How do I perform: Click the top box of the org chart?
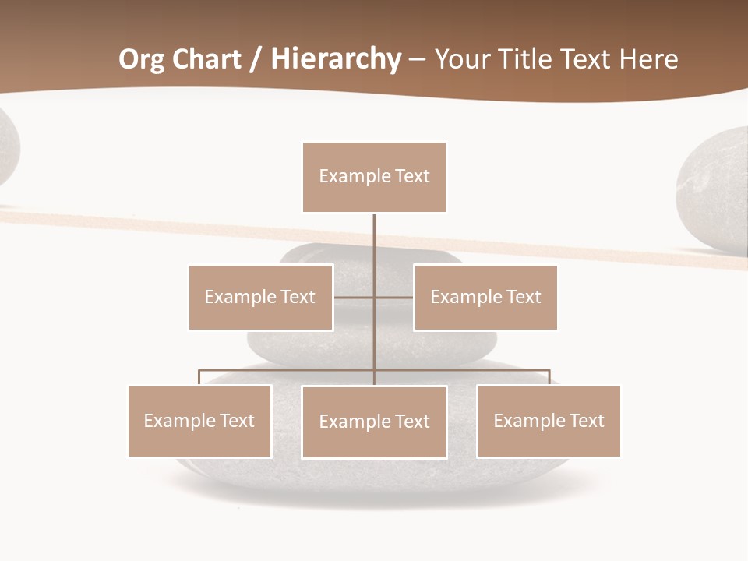click(374, 177)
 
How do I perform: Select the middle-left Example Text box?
click(260, 297)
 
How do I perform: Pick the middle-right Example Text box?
click(485, 297)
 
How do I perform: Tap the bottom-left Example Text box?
click(199, 421)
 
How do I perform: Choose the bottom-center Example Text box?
click(374, 422)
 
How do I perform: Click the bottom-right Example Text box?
click(549, 421)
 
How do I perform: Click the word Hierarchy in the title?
click(336, 59)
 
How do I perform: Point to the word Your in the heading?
click(463, 59)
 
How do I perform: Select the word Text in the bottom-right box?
click(587, 421)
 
